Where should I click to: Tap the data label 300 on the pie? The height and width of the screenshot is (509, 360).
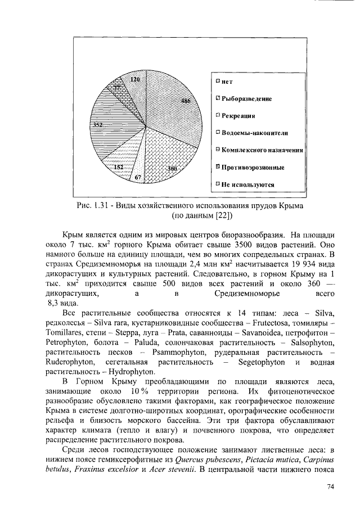tap(172, 169)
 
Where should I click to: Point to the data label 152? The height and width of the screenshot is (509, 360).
tap(119, 168)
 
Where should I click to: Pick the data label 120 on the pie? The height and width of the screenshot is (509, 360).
tap(135, 80)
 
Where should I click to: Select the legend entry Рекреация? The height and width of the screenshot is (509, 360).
tap(238, 115)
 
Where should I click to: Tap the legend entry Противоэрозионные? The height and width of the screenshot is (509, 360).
tap(253, 167)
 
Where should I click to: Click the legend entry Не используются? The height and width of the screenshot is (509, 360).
tap(247, 184)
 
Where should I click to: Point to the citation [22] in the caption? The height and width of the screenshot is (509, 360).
tap(217, 215)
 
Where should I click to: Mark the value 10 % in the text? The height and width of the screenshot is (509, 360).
tap(139, 391)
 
